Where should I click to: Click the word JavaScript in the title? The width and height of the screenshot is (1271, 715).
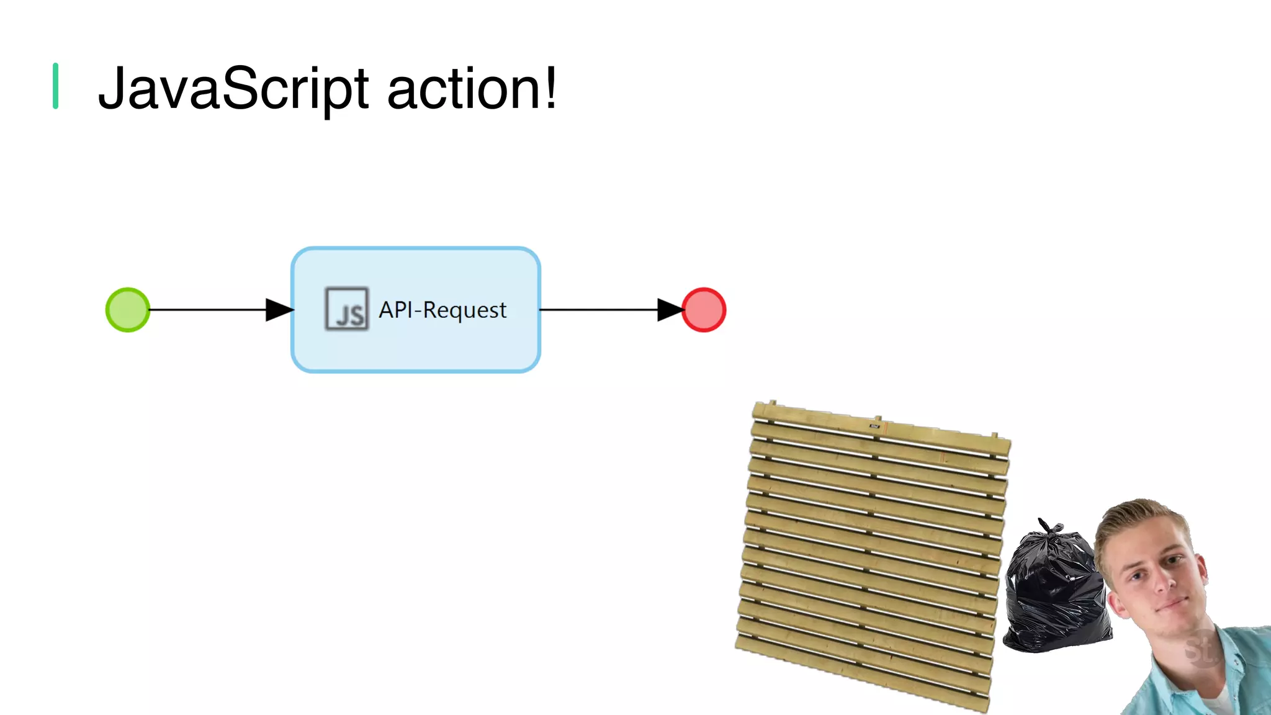coord(233,89)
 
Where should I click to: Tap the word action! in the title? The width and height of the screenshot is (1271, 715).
coord(472,89)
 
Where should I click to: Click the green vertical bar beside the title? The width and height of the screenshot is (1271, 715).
coord(55,86)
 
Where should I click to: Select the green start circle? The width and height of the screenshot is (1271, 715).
coord(128,310)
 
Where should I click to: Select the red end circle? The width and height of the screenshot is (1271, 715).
coord(704,310)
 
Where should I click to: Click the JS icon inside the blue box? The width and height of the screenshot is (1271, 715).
coord(347,308)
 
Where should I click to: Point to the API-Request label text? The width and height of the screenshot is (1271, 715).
coord(442,310)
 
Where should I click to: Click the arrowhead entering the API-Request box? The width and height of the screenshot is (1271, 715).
coord(279,310)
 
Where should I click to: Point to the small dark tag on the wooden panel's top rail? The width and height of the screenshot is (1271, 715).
coord(874,426)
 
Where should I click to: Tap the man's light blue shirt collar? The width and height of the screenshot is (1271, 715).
coord(1232,658)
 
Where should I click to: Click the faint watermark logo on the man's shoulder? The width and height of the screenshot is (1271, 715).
coord(1201,649)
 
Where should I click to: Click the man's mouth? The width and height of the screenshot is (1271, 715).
coord(1170,605)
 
